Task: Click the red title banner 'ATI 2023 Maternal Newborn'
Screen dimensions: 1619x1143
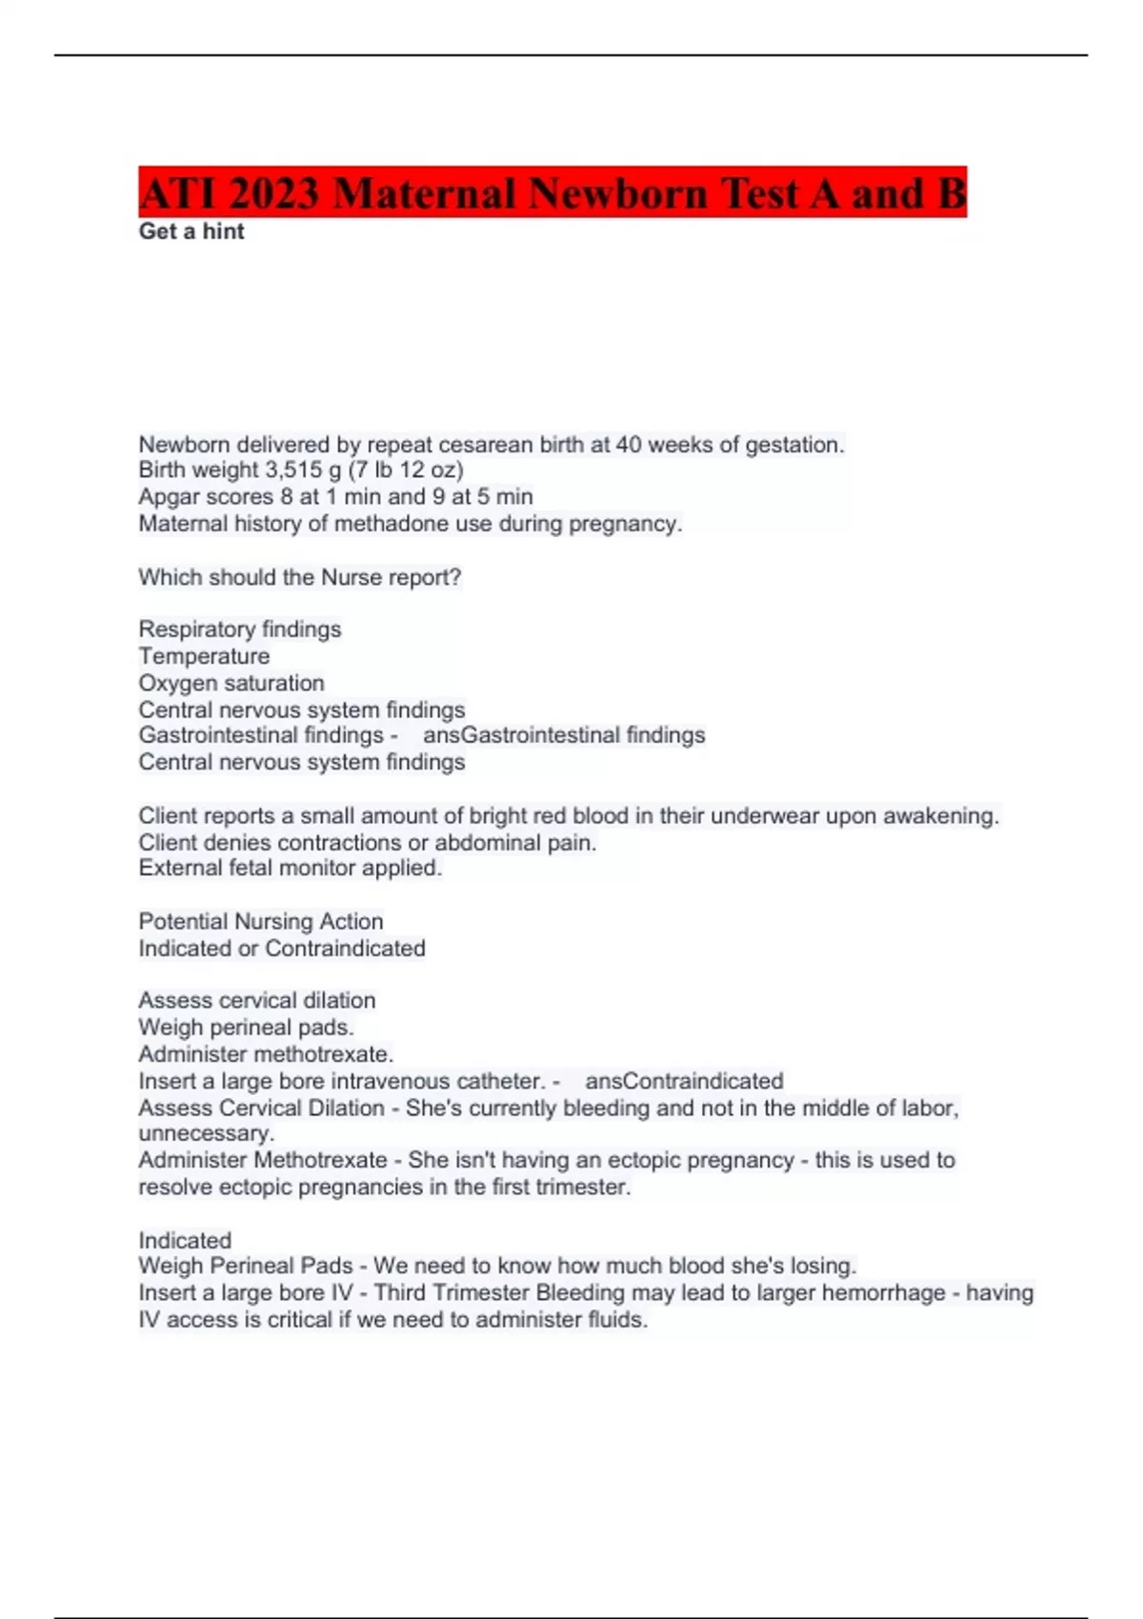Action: (552, 192)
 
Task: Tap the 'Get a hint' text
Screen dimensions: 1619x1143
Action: (191, 231)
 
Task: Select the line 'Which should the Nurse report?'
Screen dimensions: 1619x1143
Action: (299, 577)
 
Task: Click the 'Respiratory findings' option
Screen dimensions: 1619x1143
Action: (239, 630)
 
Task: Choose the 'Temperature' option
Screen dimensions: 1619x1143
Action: (204, 656)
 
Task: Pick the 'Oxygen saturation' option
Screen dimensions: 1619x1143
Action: (231, 683)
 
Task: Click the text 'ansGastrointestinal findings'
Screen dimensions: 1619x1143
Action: (564, 735)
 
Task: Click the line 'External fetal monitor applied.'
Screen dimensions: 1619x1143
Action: (290, 869)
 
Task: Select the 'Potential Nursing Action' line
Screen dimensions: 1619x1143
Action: (261, 922)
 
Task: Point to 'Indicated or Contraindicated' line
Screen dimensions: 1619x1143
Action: (282, 949)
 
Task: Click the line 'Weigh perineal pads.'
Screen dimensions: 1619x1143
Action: (246, 1028)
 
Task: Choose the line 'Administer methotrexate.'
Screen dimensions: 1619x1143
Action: (266, 1054)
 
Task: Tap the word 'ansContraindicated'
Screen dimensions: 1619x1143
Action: (684, 1081)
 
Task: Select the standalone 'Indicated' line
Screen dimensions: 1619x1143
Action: (185, 1240)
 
